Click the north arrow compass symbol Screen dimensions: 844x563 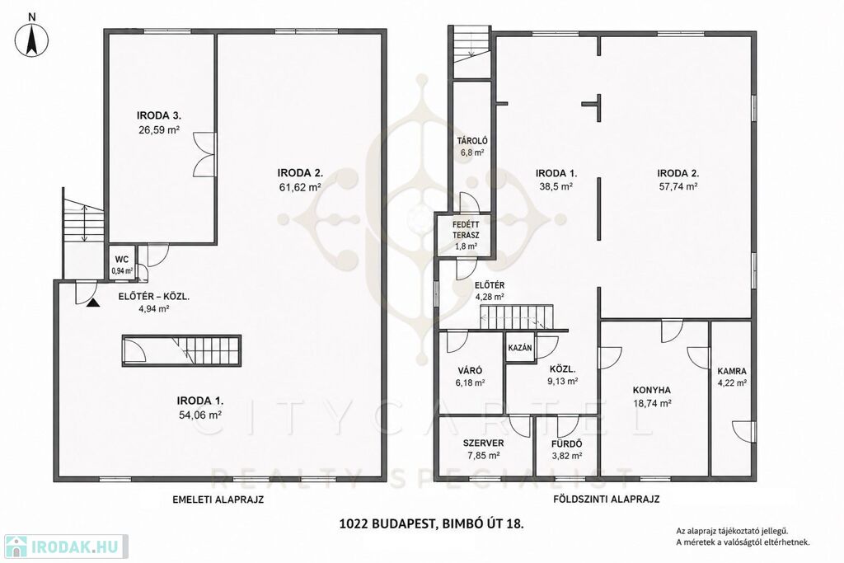tap(31, 39)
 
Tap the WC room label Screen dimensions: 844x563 tap(122, 260)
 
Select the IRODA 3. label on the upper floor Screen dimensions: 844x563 tap(159, 115)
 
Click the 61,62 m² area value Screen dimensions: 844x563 tap(300, 187)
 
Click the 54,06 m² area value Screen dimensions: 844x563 tap(200, 415)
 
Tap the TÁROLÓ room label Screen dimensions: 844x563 tap(472, 141)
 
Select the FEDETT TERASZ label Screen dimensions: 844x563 tap(466, 230)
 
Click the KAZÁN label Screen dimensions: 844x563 tap(520, 348)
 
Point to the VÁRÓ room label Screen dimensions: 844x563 tap(470, 370)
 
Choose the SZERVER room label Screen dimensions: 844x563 tap(483, 443)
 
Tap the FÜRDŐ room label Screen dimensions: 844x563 tap(567, 444)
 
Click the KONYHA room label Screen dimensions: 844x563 tap(652, 390)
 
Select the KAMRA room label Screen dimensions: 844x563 tap(732, 371)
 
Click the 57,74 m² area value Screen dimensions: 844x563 tap(678, 187)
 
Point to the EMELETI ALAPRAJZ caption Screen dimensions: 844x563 tap(218, 499)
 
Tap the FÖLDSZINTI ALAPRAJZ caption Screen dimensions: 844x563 tap(606, 499)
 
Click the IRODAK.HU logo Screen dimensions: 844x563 tap(65, 547)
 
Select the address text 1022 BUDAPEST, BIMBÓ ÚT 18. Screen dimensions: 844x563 tap(431, 523)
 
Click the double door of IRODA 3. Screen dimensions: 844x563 tap(204, 154)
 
